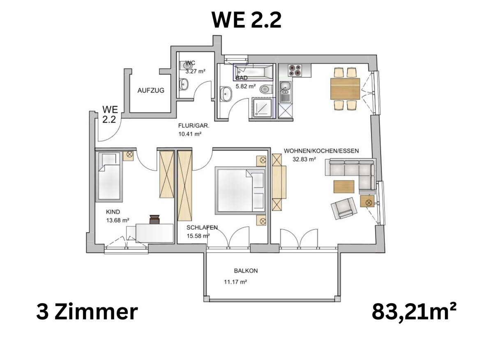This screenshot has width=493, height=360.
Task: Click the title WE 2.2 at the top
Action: [x=246, y=20]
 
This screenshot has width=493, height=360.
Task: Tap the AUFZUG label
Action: [x=151, y=90]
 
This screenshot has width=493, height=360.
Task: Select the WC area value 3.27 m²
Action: [x=195, y=71]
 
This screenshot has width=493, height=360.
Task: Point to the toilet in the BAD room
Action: [x=266, y=88]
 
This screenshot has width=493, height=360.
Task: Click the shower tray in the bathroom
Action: [x=262, y=108]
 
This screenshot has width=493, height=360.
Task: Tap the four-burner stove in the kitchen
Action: [x=295, y=70]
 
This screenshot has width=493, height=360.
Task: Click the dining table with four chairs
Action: [x=345, y=89]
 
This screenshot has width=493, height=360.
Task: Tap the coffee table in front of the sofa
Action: [x=344, y=187]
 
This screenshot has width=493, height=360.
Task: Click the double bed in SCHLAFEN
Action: [x=241, y=191]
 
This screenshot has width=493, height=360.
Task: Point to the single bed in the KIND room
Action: [x=109, y=177]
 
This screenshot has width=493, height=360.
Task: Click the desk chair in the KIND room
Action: [x=154, y=219]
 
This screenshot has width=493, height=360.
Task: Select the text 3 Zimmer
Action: [x=87, y=312]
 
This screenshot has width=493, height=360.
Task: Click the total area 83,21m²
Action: [x=414, y=312]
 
